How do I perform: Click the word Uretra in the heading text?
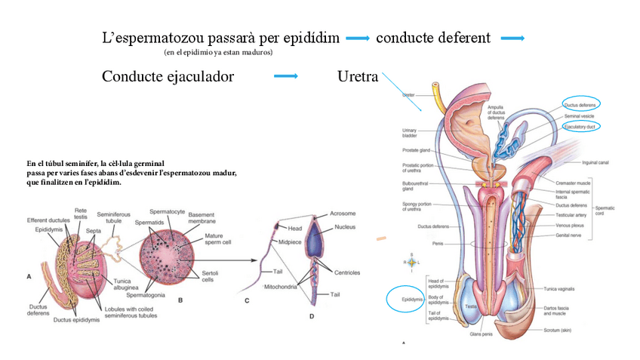click(358, 77)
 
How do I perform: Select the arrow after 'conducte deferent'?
click(512, 38)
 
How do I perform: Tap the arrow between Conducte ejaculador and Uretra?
click(285, 76)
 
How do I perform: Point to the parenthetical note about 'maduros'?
click(217, 53)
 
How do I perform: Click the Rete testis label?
click(80, 214)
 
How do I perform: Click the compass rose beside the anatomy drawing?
click(411, 262)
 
